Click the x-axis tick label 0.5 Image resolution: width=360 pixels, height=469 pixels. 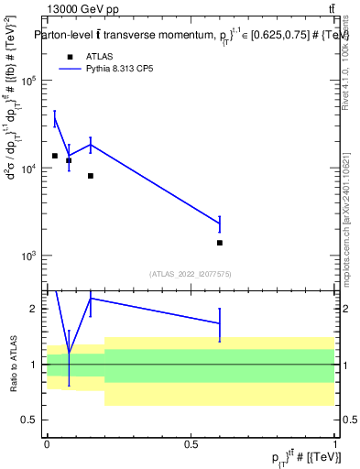(191, 443)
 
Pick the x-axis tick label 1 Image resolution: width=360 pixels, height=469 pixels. (334, 443)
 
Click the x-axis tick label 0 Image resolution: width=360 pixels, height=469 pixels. (47, 443)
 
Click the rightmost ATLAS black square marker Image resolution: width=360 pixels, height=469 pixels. (220, 243)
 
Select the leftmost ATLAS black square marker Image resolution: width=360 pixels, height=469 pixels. (55, 156)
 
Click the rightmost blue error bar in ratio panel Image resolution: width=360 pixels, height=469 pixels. (220, 323)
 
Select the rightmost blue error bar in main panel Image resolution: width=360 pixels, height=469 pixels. (220, 224)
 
